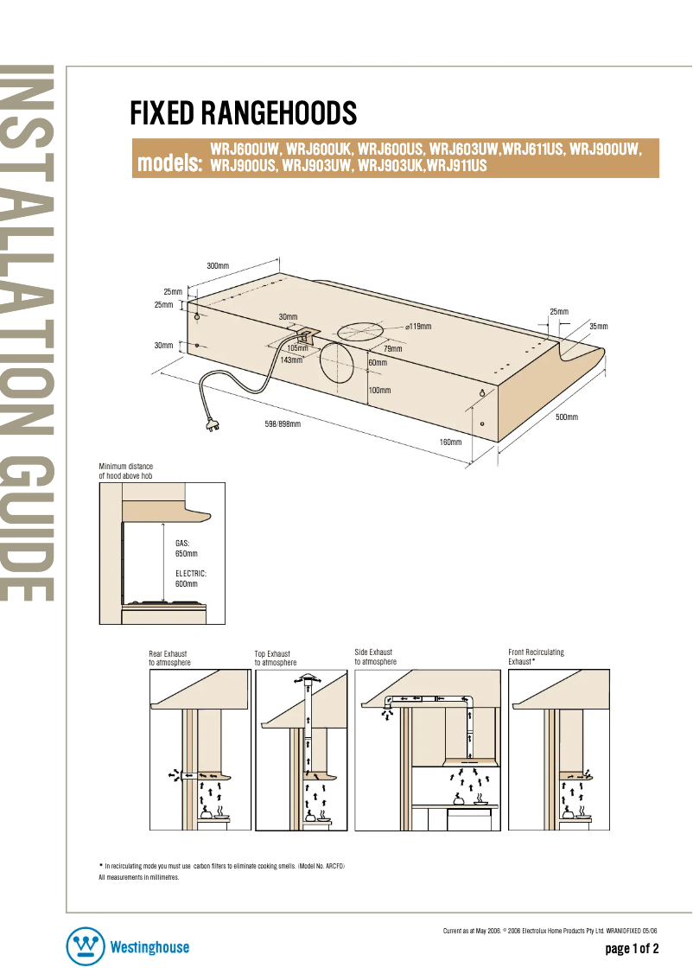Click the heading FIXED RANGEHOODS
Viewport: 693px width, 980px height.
(243, 113)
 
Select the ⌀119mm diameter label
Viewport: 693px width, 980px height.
(418, 326)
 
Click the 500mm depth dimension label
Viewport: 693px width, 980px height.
(566, 417)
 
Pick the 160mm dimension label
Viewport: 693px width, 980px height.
(450, 442)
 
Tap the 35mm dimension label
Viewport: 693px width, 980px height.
(598, 326)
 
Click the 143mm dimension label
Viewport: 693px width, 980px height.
(291, 360)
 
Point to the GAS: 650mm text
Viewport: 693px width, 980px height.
(186, 548)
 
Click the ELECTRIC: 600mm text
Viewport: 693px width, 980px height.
(191, 579)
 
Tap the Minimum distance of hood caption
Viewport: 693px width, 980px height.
(126, 471)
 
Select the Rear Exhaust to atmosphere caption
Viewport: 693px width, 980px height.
(169, 658)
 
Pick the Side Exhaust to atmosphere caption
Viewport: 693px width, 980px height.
(375, 657)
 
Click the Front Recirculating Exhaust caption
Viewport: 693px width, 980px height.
(536, 657)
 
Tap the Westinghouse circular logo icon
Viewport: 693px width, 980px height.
(86, 947)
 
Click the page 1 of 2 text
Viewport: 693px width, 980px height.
(632, 949)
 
